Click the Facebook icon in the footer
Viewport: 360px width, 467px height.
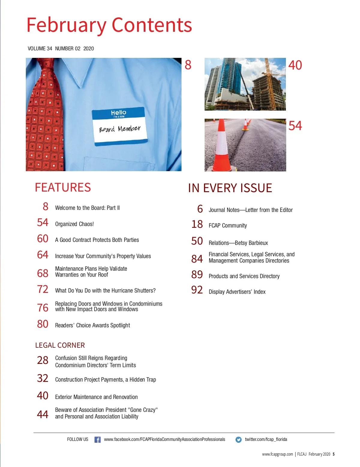click(x=97, y=439)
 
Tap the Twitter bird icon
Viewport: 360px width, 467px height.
click(x=238, y=440)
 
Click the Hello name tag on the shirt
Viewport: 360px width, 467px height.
click(x=120, y=126)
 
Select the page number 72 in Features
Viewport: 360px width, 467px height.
click(x=43, y=289)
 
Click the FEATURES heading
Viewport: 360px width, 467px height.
click(x=63, y=188)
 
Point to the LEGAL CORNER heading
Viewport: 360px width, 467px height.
click(x=60, y=345)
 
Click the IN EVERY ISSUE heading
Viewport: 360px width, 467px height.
click(x=230, y=188)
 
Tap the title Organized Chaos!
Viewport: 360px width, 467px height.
click(x=74, y=224)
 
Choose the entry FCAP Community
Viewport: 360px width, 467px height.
click(x=228, y=225)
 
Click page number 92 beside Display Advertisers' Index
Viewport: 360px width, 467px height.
click(x=197, y=290)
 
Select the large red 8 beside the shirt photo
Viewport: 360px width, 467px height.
click(x=188, y=65)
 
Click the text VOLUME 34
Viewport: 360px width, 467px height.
click(x=40, y=49)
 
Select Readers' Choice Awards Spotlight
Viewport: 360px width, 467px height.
click(x=92, y=325)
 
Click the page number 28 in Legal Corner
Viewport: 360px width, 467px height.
click(x=43, y=360)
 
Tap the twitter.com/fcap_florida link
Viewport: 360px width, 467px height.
click(x=266, y=439)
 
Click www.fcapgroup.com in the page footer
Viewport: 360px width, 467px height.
click(x=277, y=454)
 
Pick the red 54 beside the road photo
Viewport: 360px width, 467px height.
click(x=295, y=126)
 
